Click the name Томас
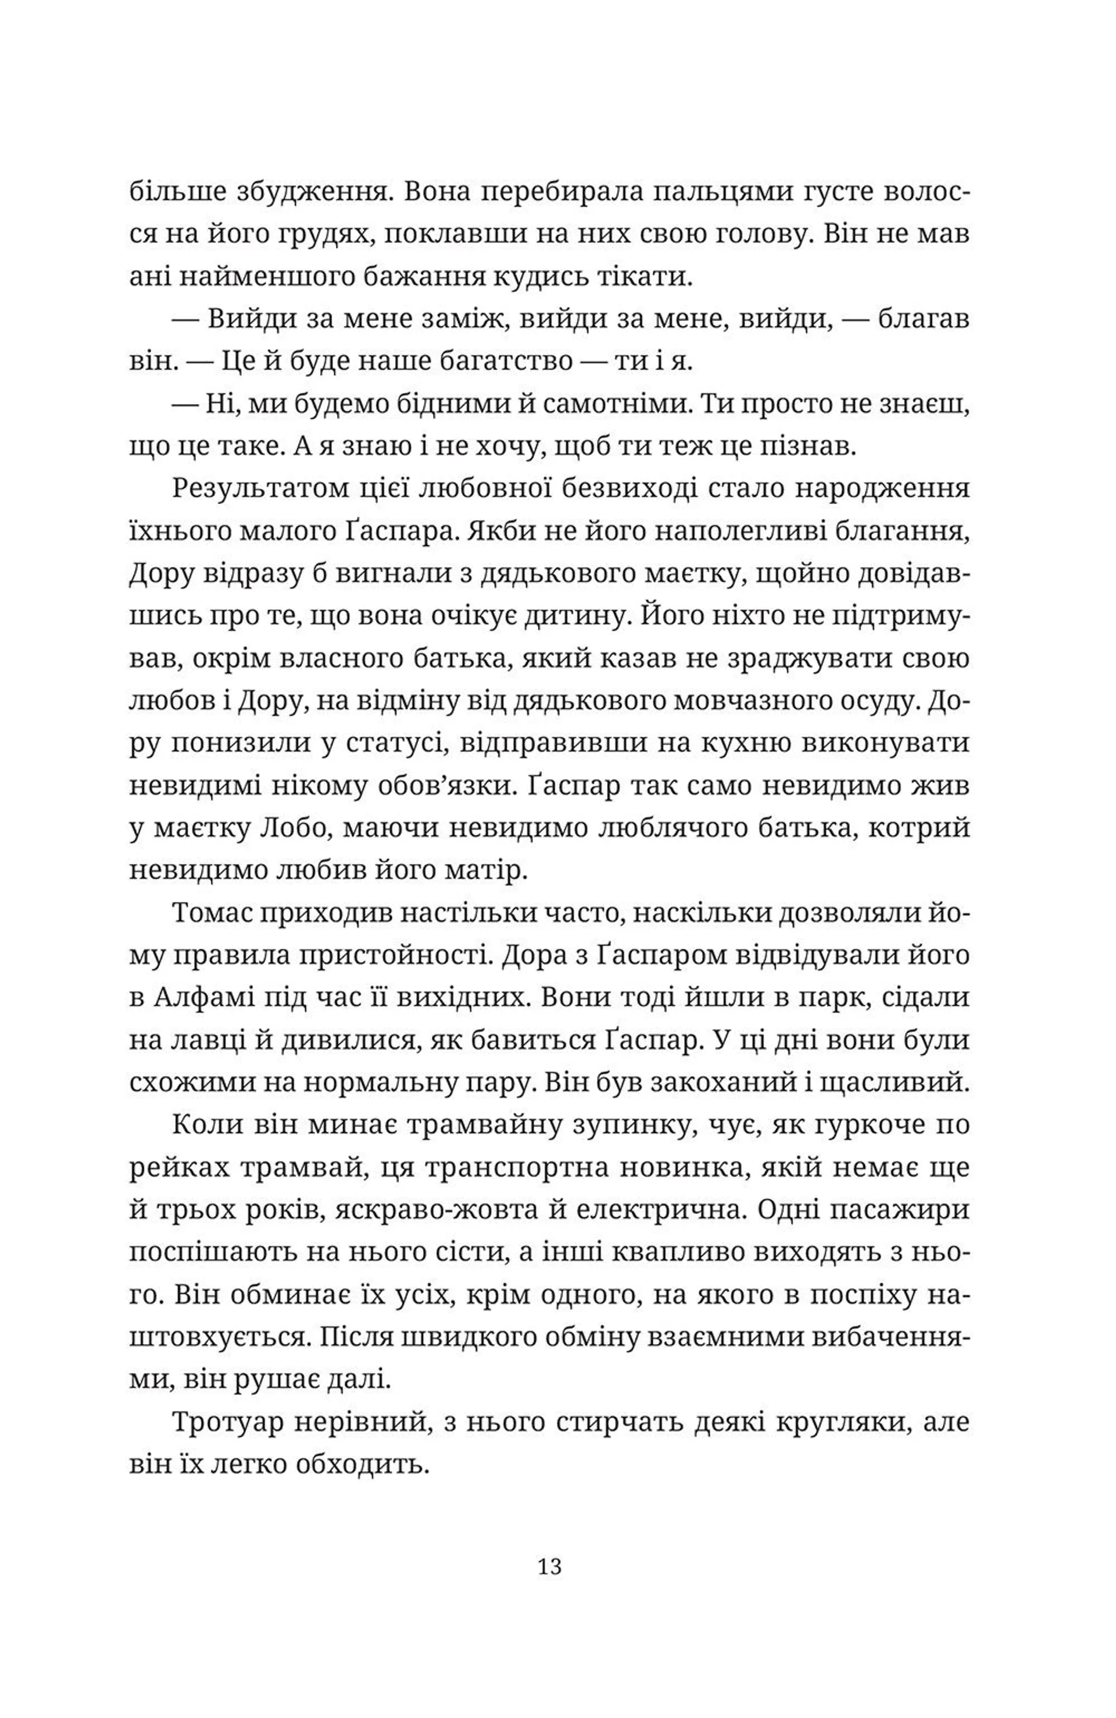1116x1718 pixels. [209, 912]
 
